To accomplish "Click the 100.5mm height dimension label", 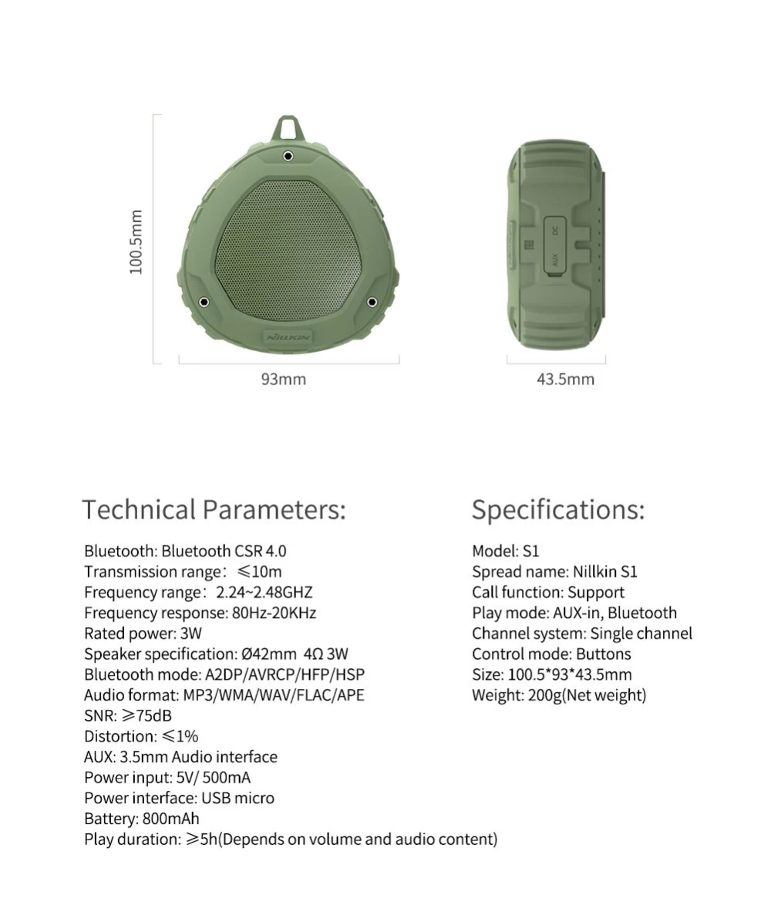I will [136, 242].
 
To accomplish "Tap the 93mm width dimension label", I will [283, 379].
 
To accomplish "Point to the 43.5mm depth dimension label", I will [565, 379].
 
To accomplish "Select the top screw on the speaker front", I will [288, 156].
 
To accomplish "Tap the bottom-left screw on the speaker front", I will [204, 302].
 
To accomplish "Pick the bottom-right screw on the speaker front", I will [372, 302].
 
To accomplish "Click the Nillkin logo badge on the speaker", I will [287, 337].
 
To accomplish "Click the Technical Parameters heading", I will [214, 510].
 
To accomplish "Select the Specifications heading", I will [557, 510].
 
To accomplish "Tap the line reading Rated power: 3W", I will [143, 634].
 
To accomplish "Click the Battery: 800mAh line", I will [141, 819].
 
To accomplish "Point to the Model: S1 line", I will [506, 551].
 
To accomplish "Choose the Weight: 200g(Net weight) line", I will [559, 695].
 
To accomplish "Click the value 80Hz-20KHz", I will [274, 613].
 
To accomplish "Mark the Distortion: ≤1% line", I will [141, 736].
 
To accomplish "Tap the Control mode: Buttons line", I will [551, 654].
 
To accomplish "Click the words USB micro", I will [237, 798].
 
